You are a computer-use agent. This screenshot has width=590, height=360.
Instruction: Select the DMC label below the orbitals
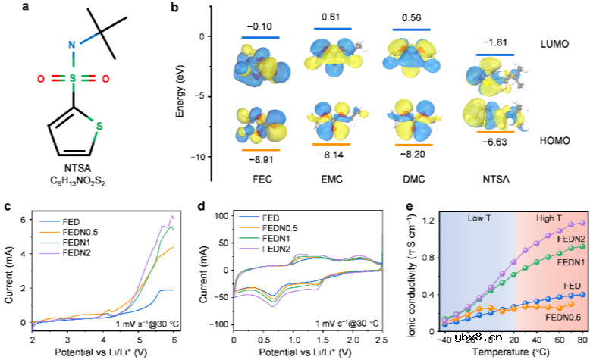(410, 181)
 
